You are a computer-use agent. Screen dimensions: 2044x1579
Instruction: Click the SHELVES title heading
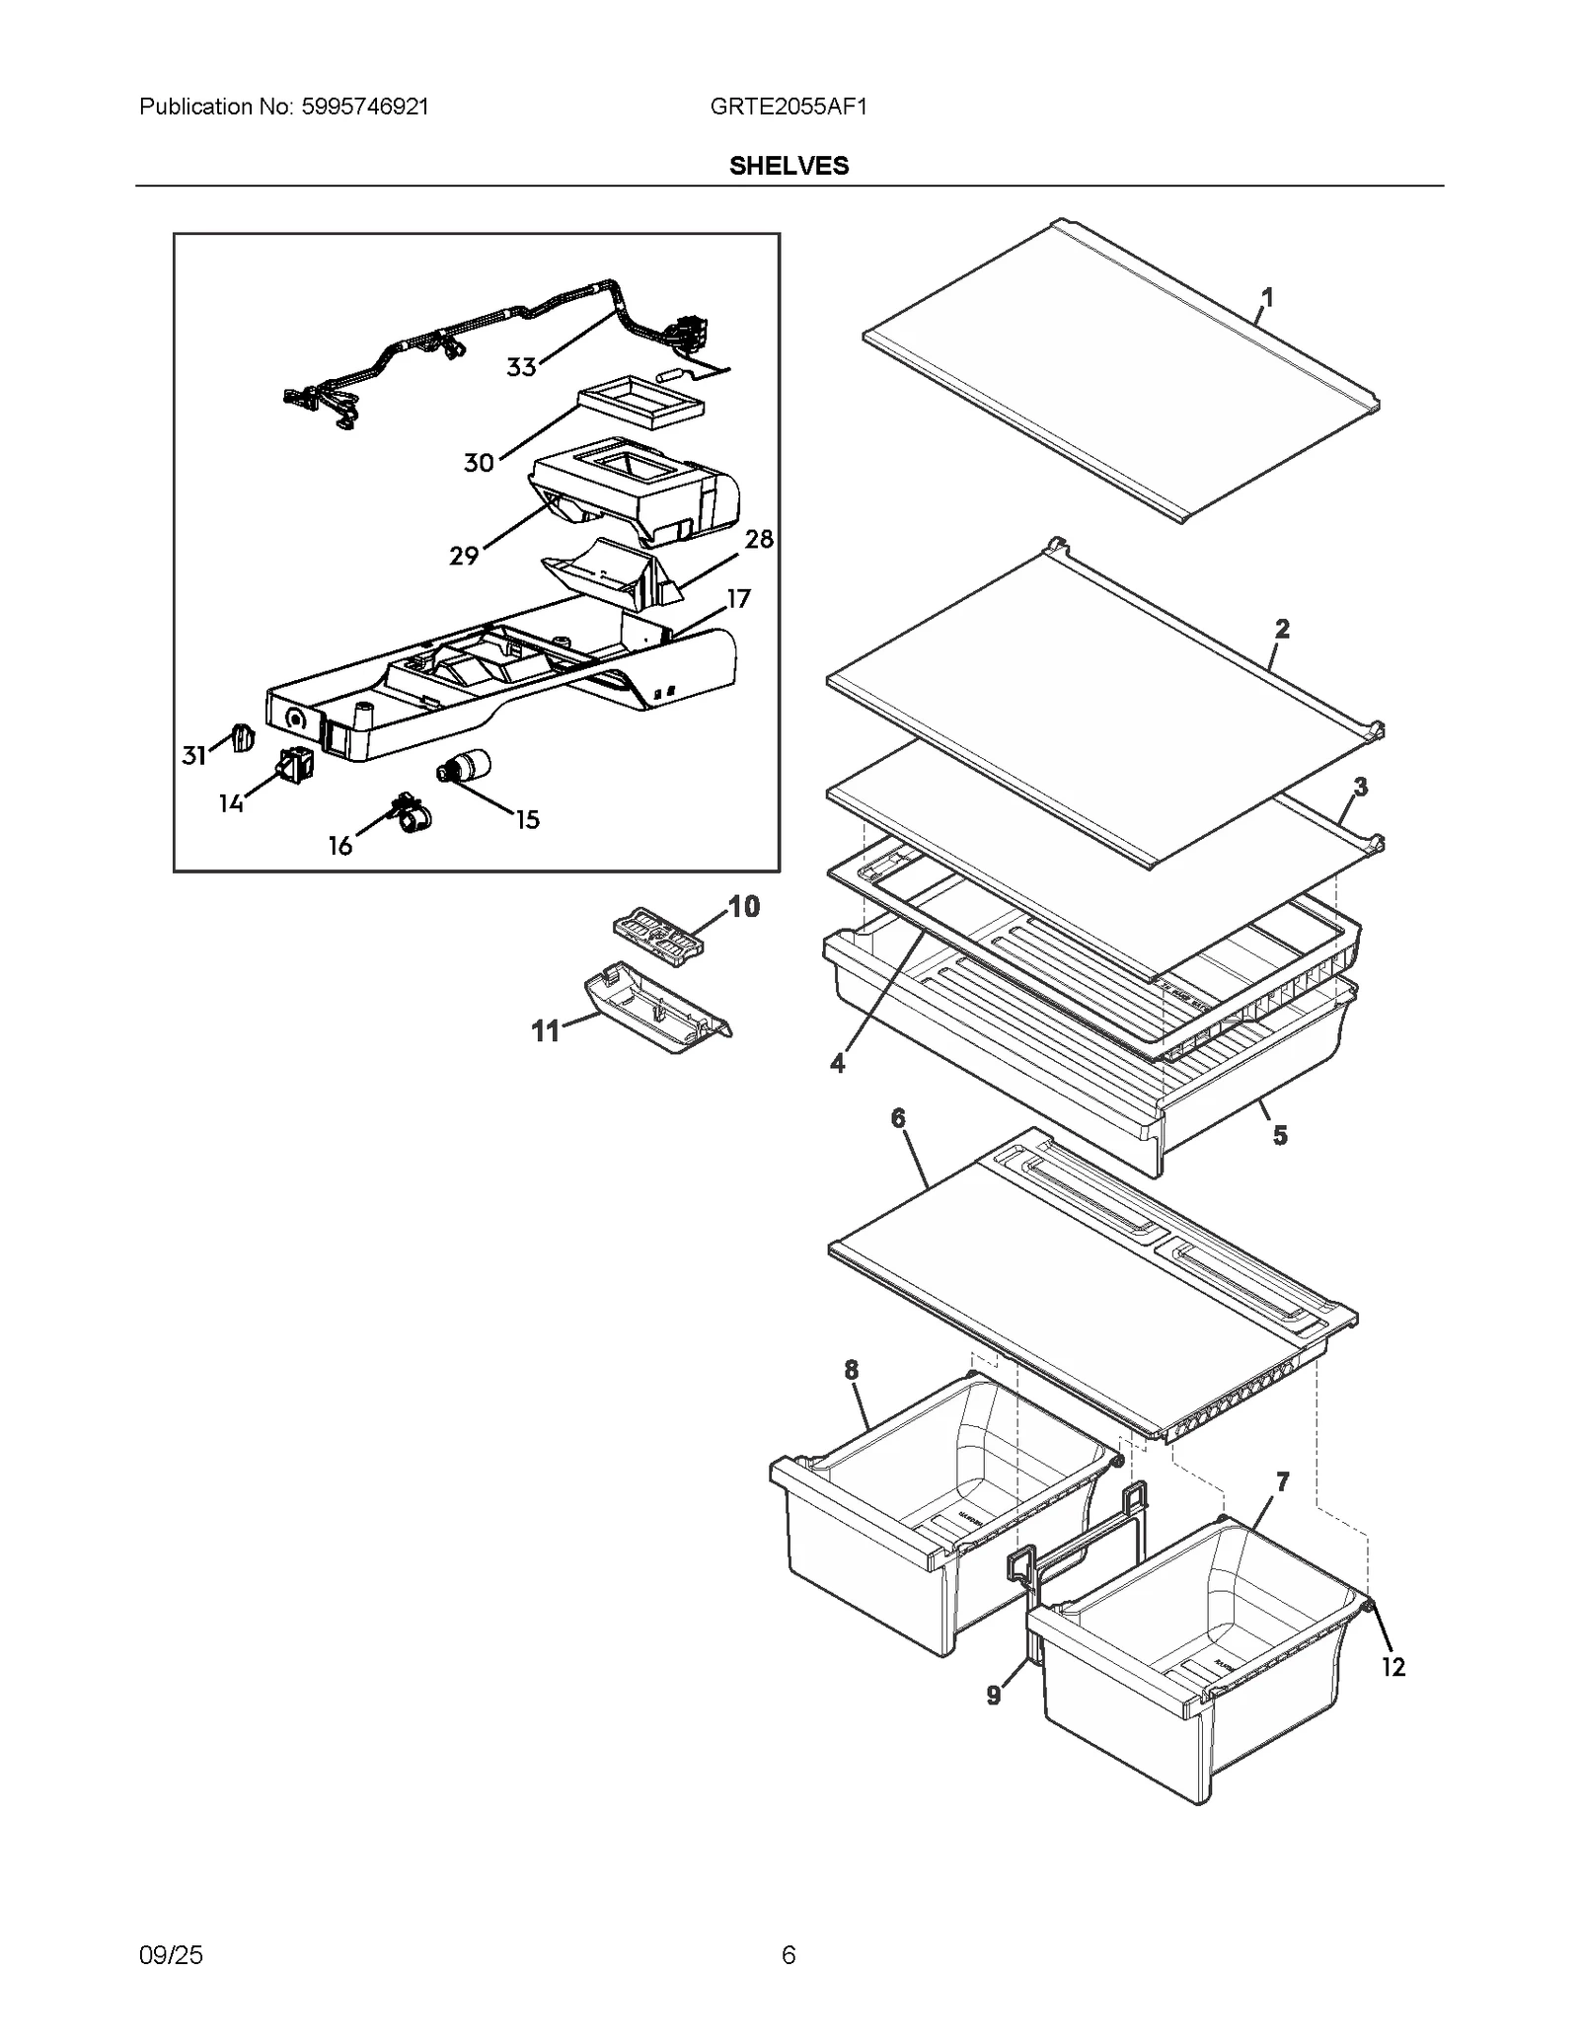[789, 166]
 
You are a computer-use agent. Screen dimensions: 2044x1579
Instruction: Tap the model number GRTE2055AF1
[788, 107]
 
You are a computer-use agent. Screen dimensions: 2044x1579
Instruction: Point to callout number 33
[521, 367]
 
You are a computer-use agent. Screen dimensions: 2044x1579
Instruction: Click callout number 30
[479, 462]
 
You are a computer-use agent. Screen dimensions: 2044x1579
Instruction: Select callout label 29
[464, 556]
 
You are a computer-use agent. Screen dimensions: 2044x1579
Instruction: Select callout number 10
[743, 906]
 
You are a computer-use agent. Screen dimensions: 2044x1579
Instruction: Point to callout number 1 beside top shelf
[1267, 296]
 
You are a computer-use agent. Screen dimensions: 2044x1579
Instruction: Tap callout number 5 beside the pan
[1279, 1135]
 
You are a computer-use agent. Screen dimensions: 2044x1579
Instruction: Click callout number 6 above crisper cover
[898, 1117]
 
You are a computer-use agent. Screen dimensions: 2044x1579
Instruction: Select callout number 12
[1392, 1667]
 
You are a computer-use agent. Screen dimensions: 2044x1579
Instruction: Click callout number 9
[994, 1695]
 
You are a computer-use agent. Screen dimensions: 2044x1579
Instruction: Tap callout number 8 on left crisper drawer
[851, 1369]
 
